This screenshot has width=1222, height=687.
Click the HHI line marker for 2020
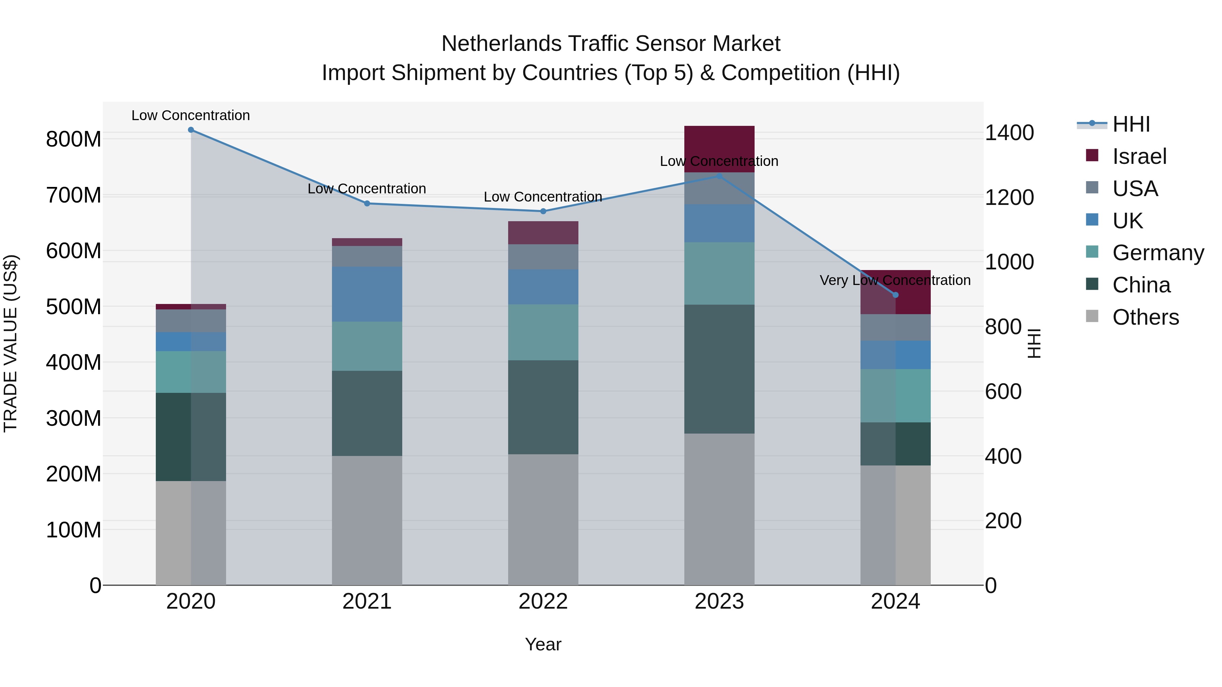(191, 130)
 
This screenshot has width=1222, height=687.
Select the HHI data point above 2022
(543, 211)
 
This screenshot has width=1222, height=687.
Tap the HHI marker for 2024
(895, 295)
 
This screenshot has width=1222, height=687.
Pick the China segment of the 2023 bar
(719, 369)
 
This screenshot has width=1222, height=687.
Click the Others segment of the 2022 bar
(543, 519)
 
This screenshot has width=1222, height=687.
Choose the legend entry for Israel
(1139, 156)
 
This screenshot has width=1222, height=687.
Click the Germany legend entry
(1158, 253)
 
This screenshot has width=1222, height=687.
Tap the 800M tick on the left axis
(74, 139)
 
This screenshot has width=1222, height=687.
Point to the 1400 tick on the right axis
(1010, 133)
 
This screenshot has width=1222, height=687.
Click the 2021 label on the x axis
(367, 602)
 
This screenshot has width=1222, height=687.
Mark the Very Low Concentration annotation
(895, 280)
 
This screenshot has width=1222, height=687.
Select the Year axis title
(543, 644)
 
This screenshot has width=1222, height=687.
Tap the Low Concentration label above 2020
(191, 115)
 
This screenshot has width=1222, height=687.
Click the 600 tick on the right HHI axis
(1003, 392)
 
